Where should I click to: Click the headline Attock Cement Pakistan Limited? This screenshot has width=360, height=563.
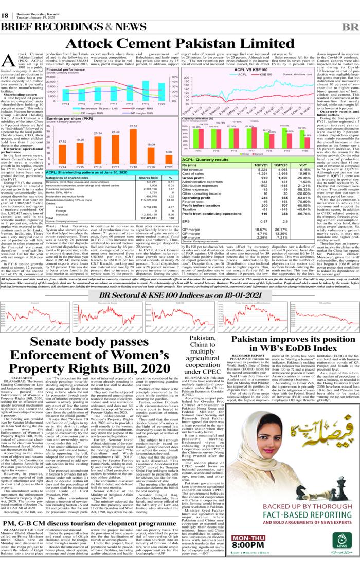[179, 43]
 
